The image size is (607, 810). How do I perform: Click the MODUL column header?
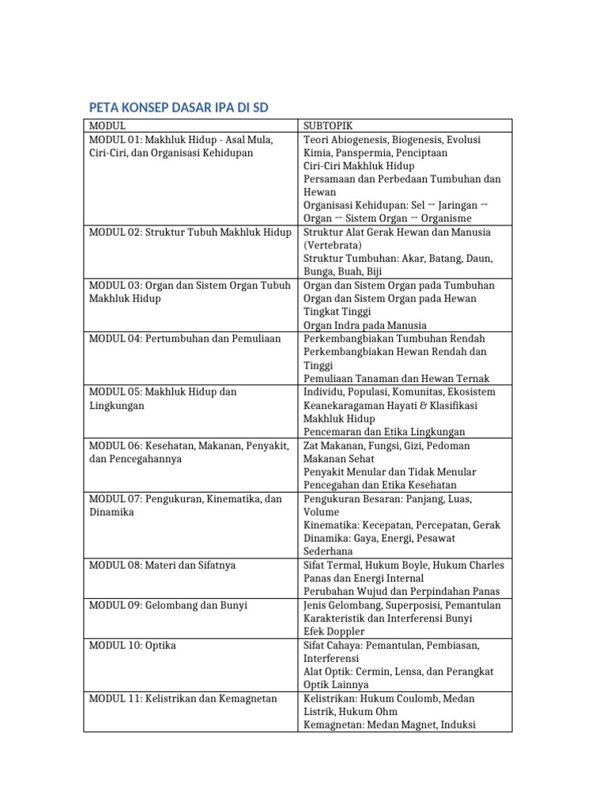[107, 126]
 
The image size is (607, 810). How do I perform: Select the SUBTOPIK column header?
[328, 126]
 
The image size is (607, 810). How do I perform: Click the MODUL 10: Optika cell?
[133, 645]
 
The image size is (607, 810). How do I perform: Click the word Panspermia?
[367, 153]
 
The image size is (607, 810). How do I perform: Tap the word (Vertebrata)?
[333, 245]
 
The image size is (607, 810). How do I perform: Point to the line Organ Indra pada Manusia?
[365, 325]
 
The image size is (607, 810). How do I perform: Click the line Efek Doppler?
[334, 632]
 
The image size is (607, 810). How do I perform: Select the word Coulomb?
[413, 699]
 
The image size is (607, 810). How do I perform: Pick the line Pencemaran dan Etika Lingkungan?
[384, 432]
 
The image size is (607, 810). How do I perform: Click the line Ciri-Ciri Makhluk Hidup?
[358, 166]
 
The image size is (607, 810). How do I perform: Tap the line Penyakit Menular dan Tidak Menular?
[390, 472]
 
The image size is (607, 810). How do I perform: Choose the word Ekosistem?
[471, 392]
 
